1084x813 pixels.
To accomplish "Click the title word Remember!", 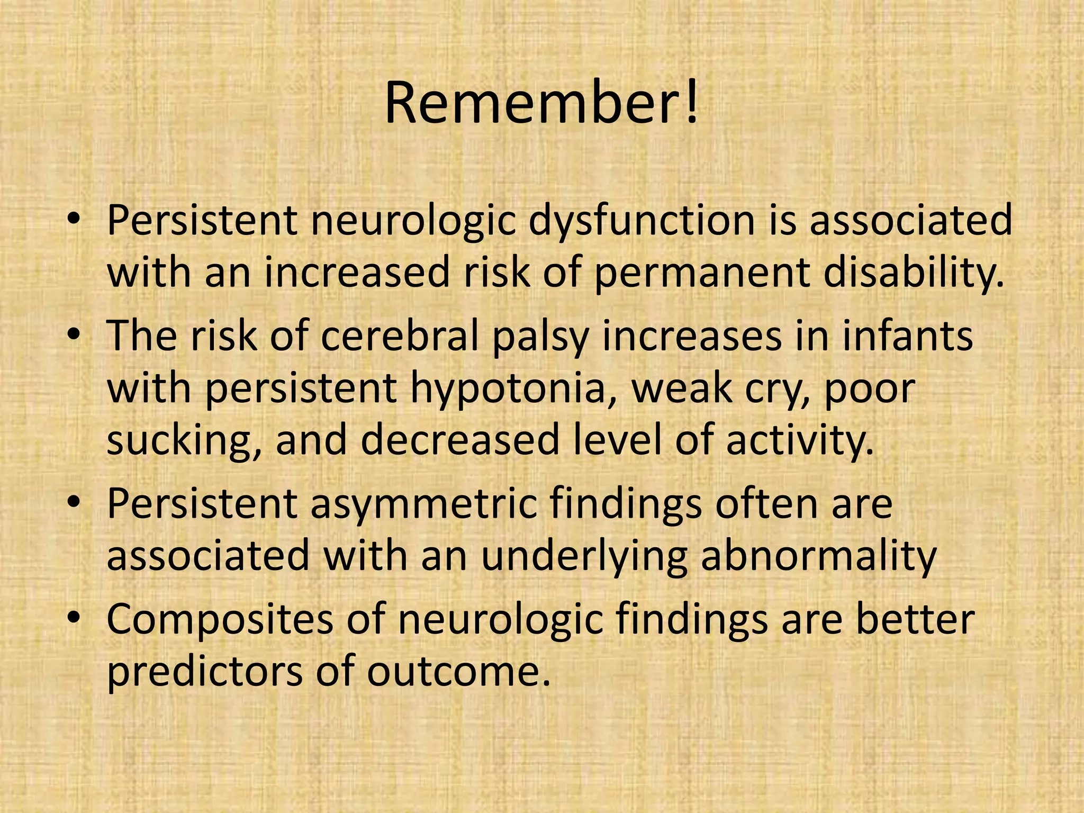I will coord(541,103).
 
